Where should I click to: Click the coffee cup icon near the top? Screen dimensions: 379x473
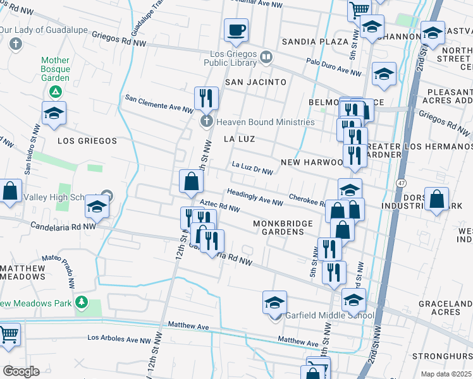[236, 30]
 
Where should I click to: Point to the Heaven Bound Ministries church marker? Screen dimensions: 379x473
[206, 121]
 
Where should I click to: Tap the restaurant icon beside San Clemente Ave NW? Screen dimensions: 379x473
[206, 98]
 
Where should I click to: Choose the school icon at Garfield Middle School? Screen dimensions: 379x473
[274, 303]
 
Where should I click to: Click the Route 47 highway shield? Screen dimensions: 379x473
[402, 182]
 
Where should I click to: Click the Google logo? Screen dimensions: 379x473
[21, 371]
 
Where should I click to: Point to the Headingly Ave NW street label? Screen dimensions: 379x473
[255, 198]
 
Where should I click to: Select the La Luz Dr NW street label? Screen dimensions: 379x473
[252, 168]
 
